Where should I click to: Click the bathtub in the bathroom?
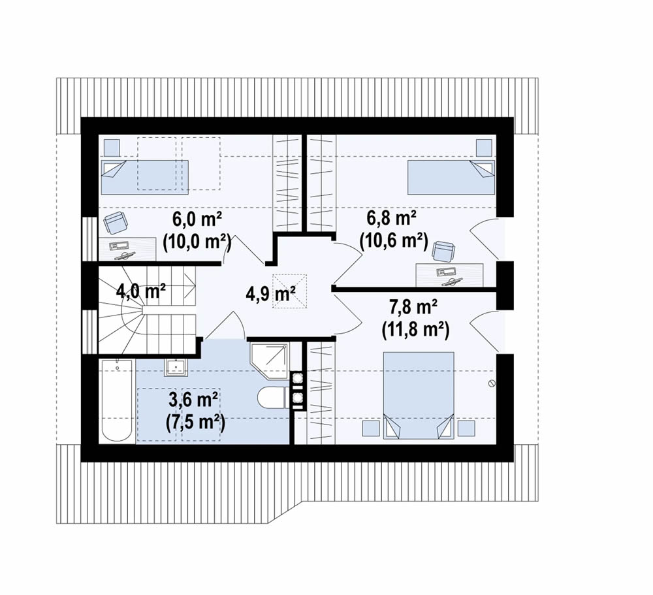(117, 401)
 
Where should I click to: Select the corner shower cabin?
(270, 361)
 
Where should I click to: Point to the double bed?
(418, 395)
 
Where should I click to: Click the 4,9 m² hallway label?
(271, 294)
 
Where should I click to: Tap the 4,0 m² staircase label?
(141, 291)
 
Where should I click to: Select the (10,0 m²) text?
(197, 241)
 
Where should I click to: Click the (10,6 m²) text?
(394, 240)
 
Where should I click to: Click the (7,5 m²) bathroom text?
(195, 423)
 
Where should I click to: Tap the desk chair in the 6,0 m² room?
(114, 223)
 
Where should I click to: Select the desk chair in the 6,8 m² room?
(443, 251)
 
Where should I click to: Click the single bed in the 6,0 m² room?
(144, 177)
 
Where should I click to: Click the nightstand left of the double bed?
(371, 428)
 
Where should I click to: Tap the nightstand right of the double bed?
(466, 428)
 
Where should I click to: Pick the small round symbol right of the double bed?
(492, 383)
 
